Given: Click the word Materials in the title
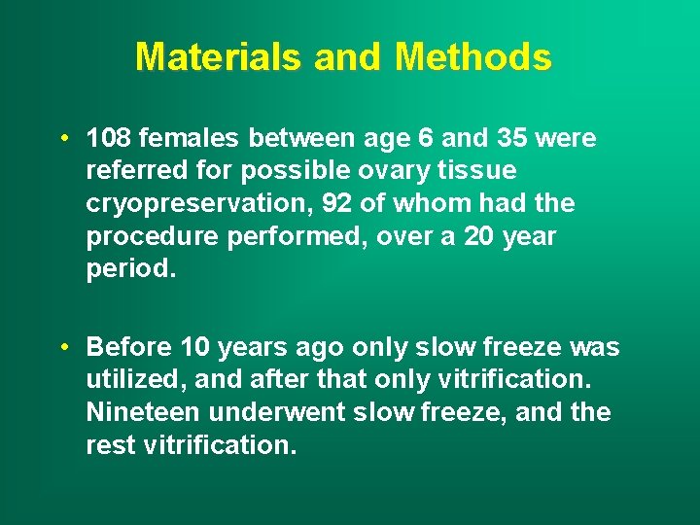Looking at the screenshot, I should tap(220, 57).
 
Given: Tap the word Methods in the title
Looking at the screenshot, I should tap(473, 57).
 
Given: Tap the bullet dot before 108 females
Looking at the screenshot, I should tap(62, 138).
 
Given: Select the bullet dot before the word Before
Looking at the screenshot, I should tap(62, 347).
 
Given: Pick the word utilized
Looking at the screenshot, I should tap(125, 380).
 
